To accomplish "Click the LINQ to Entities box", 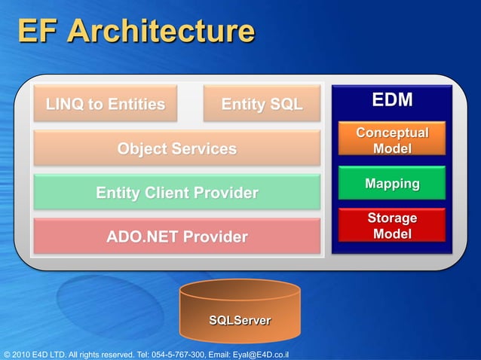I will click(x=105, y=104).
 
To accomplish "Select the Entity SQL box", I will click(x=262, y=104).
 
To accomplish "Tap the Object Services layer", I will click(x=176, y=148).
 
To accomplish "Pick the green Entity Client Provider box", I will click(x=176, y=194).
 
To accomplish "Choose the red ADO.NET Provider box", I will click(x=176, y=237).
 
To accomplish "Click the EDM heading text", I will click(x=392, y=101).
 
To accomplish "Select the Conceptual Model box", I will click(x=392, y=141).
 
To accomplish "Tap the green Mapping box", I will click(x=392, y=184).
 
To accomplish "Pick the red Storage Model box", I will click(x=392, y=226).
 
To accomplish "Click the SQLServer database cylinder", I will click(x=240, y=313).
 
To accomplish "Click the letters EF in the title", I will click(x=37, y=32).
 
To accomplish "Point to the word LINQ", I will click(x=66, y=104).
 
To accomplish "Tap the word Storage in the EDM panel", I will click(x=392, y=218).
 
